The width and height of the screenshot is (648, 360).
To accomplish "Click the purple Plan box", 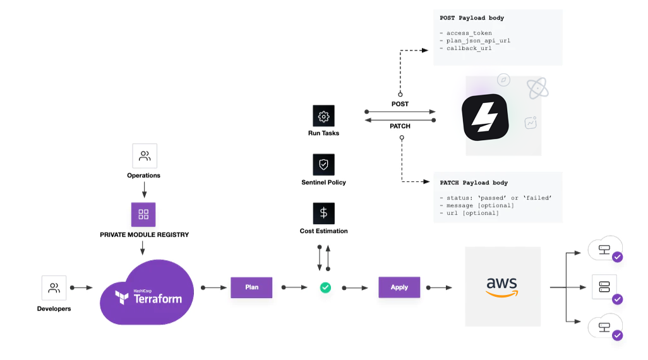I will pyautogui.click(x=251, y=287).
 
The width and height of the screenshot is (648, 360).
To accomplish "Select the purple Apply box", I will pyautogui.click(x=399, y=287).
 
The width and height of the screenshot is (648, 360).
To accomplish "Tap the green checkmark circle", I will pyautogui.click(x=325, y=287).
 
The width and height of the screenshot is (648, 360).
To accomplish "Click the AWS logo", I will pyautogui.click(x=502, y=287).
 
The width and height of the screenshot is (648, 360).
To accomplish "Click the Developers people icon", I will pyautogui.click(x=54, y=288).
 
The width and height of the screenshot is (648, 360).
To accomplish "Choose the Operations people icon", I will pyautogui.click(x=145, y=156).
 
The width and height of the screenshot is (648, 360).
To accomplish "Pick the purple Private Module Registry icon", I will pyautogui.click(x=143, y=214).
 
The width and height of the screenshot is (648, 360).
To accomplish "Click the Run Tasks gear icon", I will pyautogui.click(x=323, y=116).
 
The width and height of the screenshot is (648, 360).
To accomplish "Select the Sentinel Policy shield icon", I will pyautogui.click(x=323, y=165).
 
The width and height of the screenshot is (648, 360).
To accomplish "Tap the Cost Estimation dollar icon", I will pyautogui.click(x=323, y=213).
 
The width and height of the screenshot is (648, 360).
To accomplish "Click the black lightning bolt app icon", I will pyautogui.click(x=485, y=117).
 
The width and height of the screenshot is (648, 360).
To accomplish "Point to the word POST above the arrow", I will pyautogui.click(x=400, y=104).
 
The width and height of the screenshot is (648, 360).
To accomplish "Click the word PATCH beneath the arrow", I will pyautogui.click(x=400, y=126).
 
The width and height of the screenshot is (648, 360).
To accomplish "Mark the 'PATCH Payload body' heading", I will pyautogui.click(x=474, y=183).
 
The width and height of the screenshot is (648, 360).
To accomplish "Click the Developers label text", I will pyautogui.click(x=54, y=309).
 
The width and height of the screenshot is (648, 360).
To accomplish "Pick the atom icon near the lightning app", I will pyautogui.click(x=537, y=88).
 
